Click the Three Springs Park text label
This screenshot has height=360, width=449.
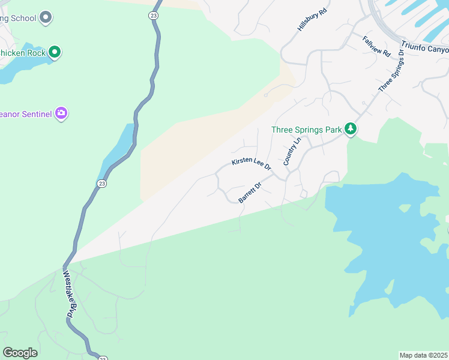306,130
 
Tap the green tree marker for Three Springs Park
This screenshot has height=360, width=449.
351,129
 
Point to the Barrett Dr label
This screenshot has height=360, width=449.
250,193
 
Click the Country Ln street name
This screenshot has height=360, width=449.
291,152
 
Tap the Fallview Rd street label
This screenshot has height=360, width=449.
376,46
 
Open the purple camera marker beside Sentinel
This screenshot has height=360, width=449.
61,112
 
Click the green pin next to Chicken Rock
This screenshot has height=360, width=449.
55,52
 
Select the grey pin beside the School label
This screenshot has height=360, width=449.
46,18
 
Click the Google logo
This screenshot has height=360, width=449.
20,353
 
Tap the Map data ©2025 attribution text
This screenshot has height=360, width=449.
424,355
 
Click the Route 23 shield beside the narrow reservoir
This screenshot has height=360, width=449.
102,184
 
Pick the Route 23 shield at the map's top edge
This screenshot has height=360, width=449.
154,16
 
